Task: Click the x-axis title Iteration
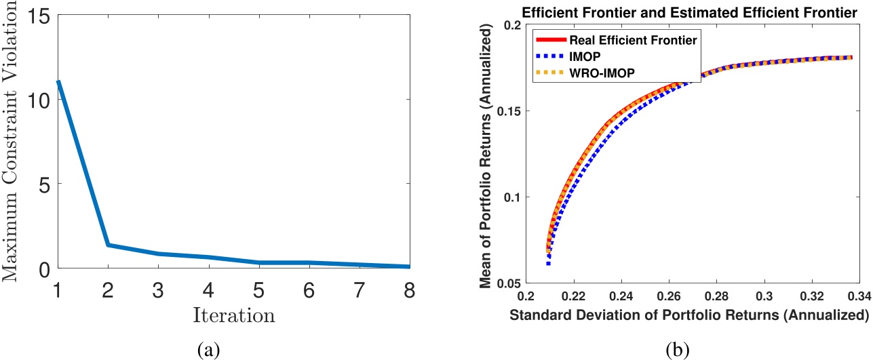(x=233, y=315)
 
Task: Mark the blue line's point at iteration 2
(x=108, y=245)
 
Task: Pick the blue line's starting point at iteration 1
(x=58, y=81)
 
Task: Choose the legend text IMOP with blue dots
(x=594, y=56)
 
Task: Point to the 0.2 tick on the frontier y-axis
(x=509, y=25)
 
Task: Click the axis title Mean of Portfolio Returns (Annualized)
(x=486, y=154)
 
